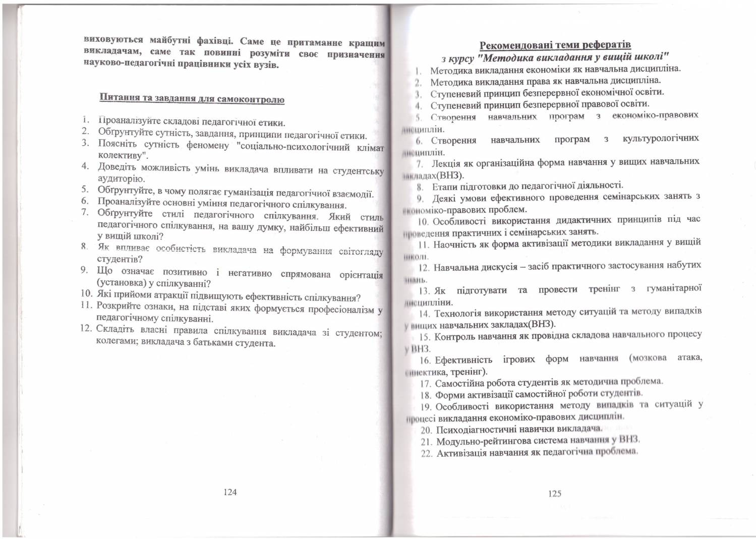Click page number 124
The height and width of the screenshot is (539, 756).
(230, 492)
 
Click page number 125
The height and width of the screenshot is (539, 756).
(554, 494)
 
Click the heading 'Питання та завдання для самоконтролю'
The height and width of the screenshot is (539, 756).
(192, 98)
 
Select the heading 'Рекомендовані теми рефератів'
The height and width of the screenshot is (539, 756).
(555, 44)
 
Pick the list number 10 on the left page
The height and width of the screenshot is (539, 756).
(87, 293)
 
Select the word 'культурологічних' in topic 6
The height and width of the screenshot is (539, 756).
(661, 138)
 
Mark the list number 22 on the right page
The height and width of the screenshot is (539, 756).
(427, 454)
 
